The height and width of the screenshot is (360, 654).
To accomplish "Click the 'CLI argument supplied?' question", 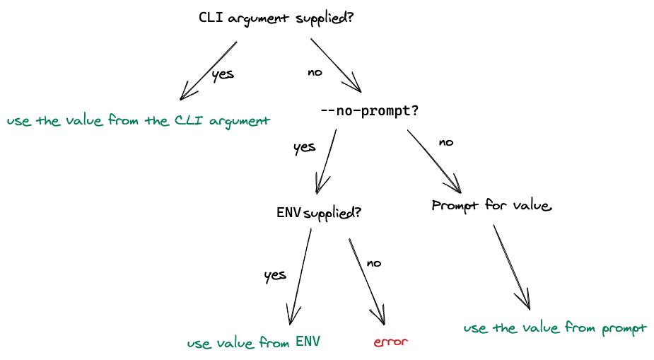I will [276, 18].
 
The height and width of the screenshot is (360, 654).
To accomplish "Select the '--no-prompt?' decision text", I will [369, 111].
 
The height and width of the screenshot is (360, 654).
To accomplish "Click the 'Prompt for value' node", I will [491, 206].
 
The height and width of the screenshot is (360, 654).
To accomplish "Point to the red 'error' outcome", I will [391, 342].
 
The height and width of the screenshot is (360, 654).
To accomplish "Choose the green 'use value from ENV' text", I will [254, 343].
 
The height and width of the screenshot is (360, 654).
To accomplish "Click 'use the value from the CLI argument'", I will [139, 121].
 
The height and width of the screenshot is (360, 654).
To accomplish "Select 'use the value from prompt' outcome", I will [555, 328].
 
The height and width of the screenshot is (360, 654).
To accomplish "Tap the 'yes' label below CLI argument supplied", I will [223, 74].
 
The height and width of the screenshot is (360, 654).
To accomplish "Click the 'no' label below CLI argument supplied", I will [315, 72].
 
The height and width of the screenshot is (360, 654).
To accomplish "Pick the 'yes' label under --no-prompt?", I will [304, 147].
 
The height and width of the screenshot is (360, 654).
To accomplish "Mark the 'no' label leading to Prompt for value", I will [445, 142].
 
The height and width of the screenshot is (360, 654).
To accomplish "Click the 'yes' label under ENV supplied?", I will [274, 275].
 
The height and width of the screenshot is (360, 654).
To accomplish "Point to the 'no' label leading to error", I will [373, 263].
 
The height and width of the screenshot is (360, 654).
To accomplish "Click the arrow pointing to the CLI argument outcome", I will [209, 70].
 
